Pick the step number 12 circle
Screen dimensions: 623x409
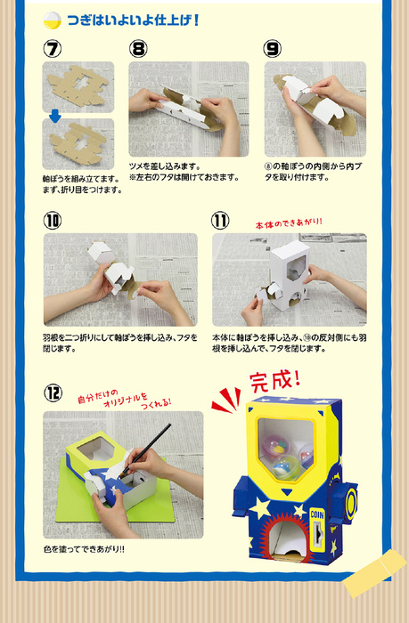pyautogui.click(x=55, y=392)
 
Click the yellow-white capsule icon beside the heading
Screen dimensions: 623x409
pyautogui.click(x=56, y=19)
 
